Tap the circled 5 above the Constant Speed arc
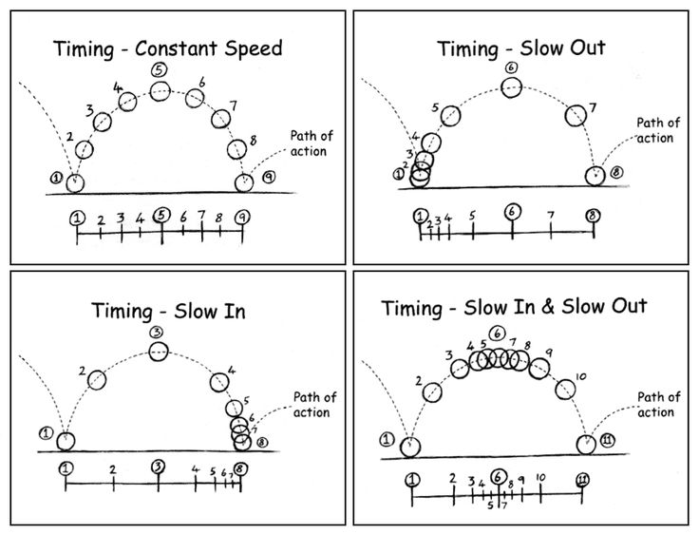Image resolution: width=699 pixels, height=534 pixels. click(x=158, y=68)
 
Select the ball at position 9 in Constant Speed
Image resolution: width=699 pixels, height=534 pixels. click(x=245, y=181)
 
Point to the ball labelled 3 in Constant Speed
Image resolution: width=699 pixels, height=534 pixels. click(x=102, y=122)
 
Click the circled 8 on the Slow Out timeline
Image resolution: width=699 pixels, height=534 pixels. click(x=593, y=216)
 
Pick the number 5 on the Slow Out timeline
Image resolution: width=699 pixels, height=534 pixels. click(x=472, y=217)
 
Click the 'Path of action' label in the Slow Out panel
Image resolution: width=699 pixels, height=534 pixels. click(x=657, y=129)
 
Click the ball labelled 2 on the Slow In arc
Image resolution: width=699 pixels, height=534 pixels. click(x=97, y=379)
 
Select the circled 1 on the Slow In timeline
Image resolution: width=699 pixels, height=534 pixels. click(x=65, y=467)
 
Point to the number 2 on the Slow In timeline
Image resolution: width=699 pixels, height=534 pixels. click(x=112, y=469)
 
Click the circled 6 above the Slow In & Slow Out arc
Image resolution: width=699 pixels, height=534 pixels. click(x=498, y=334)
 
